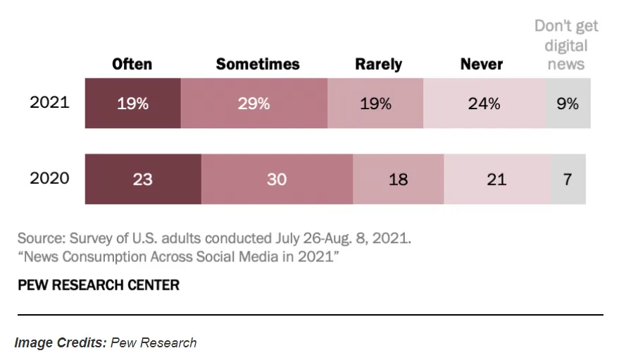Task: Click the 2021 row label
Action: pyautogui.click(x=49, y=102)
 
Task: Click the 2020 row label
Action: pyautogui.click(x=49, y=178)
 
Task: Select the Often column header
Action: pyautogui.click(x=132, y=64)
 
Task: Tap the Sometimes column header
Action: pyautogui.click(x=258, y=64)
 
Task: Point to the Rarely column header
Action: pyautogui.click(x=378, y=64)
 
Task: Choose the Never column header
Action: pyautogui.click(x=482, y=64)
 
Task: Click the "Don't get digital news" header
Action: pyautogui.click(x=566, y=45)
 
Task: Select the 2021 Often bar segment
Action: pyautogui.click(x=133, y=104)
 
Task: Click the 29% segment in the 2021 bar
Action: pyautogui.click(x=254, y=104)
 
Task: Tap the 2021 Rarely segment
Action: pyautogui.click(x=375, y=104)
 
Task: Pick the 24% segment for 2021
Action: pyautogui.click(x=485, y=104)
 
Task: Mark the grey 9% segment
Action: pyautogui.click(x=568, y=104)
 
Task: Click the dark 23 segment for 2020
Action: pyautogui.click(x=143, y=179)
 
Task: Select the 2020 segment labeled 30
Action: pyautogui.click(x=277, y=179)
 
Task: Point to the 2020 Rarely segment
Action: pyautogui.click(x=398, y=179)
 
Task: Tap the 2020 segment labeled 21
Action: pyautogui.click(x=496, y=179)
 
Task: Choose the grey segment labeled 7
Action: pyautogui.click(x=568, y=179)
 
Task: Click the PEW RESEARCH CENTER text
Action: pyautogui.click(x=98, y=285)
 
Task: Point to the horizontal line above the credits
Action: pyautogui.click(x=310, y=314)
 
